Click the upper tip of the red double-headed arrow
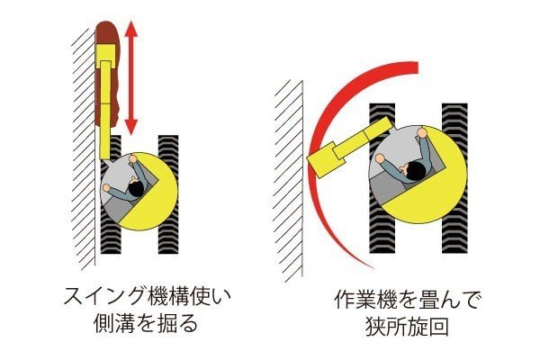(131, 22)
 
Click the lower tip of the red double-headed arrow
(131, 134)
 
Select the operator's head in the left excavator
(137, 189)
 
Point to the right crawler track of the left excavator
(168, 194)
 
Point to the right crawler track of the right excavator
(454, 178)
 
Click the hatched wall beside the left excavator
(84, 148)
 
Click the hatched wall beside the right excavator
(289, 179)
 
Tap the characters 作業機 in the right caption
(365, 300)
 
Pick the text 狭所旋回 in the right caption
(407, 327)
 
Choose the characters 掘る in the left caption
(178, 323)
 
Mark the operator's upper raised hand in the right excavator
(422, 132)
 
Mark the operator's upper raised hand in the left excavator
(132, 158)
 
